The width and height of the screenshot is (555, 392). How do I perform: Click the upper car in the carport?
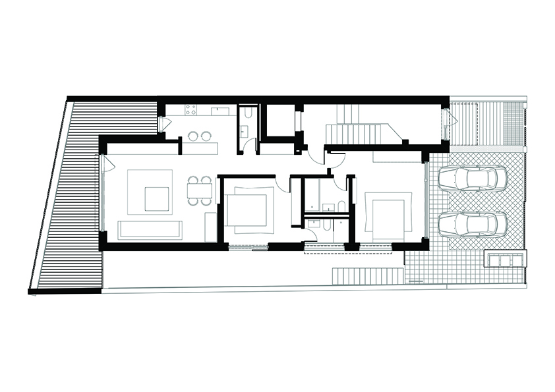[473, 178]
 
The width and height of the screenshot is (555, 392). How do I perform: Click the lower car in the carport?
[473, 224]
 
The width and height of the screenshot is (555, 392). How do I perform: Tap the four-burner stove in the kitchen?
[191, 109]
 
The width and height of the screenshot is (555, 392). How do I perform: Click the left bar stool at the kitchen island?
[193, 136]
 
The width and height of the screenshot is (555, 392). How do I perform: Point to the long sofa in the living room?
[150, 230]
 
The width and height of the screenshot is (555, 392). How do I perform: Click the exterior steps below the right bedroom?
[366, 275]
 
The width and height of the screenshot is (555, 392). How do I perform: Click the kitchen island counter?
[200, 148]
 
